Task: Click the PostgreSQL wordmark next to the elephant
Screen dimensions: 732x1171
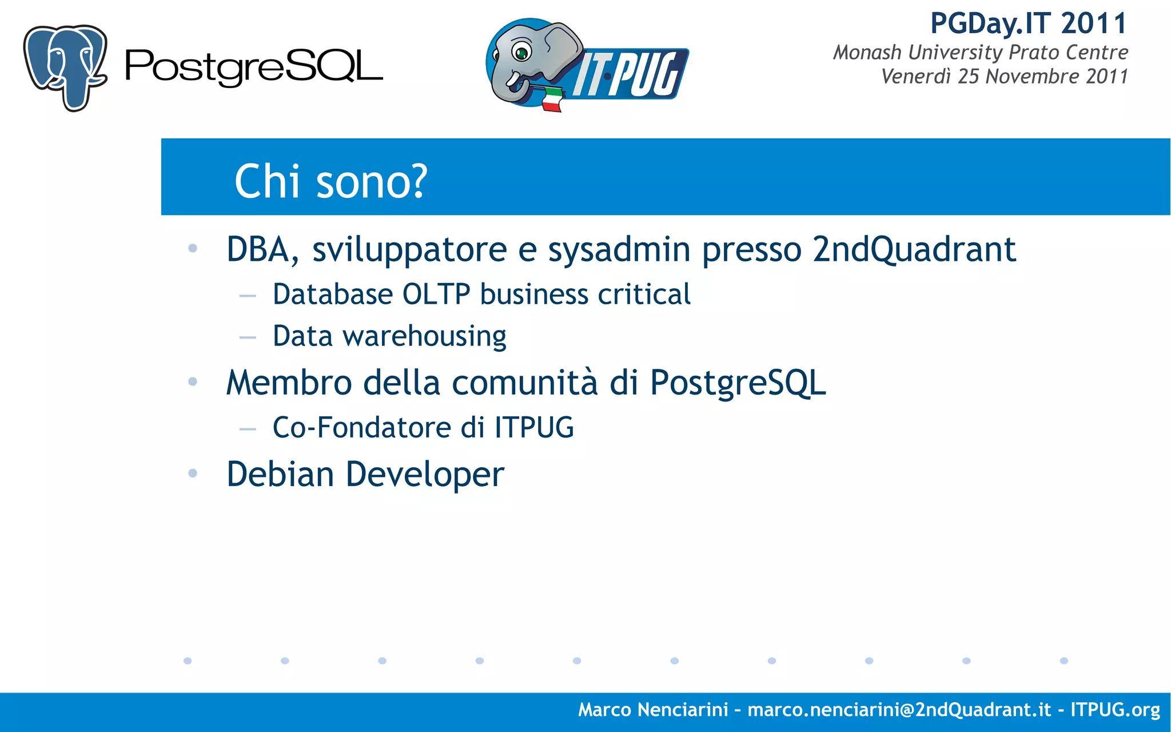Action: [253, 67]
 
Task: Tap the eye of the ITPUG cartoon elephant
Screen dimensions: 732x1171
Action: [521, 53]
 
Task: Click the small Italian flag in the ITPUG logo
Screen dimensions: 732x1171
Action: [552, 100]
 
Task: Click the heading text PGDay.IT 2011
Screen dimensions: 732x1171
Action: [1028, 24]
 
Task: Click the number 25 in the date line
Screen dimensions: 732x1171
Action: [969, 77]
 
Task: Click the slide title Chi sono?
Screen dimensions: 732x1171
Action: [330, 181]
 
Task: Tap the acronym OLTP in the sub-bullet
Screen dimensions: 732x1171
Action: [436, 295]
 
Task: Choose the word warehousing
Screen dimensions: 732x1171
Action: [424, 336]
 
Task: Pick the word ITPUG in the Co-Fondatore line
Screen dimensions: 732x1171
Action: [534, 428]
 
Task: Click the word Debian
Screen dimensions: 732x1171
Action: [280, 474]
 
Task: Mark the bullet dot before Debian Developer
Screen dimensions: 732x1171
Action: [193, 474]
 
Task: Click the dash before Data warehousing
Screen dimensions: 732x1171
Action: [248, 337]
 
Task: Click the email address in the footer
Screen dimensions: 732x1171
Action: [899, 710]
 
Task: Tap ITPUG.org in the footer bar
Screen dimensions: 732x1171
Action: [1114, 710]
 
